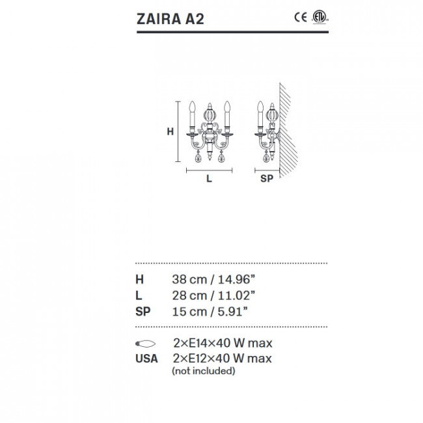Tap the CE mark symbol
(x=301, y=18)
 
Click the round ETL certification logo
(x=317, y=18)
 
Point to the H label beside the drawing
(x=170, y=131)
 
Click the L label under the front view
(x=209, y=180)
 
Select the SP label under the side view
(x=267, y=180)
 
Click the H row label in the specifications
(x=139, y=280)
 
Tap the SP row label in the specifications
(x=143, y=311)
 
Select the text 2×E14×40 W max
(x=222, y=343)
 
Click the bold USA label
(x=146, y=359)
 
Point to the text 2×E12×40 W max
(x=222, y=359)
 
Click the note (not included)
(x=203, y=371)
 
